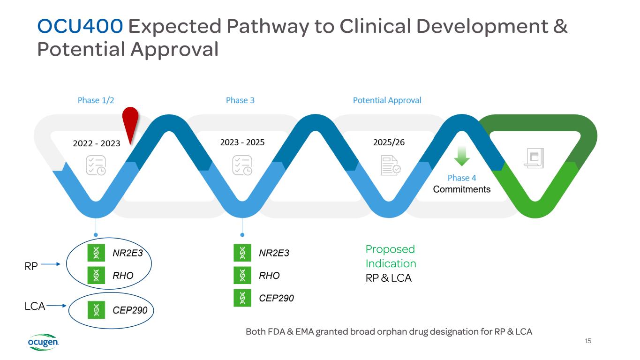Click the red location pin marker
(x=130, y=121)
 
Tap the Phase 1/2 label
(x=96, y=100)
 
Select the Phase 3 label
(x=240, y=100)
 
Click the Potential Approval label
(x=387, y=100)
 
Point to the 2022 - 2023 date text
(x=97, y=143)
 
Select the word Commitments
(x=461, y=189)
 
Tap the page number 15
(x=588, y=341)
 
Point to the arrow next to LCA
(x=57, y=306)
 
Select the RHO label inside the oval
(x=123, y=276)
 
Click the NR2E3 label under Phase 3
(x=274, y=253)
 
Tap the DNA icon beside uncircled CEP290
(x=242, y=298)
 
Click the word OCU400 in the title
(x=80, y=27)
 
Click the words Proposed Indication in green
(x=391, y=256)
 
